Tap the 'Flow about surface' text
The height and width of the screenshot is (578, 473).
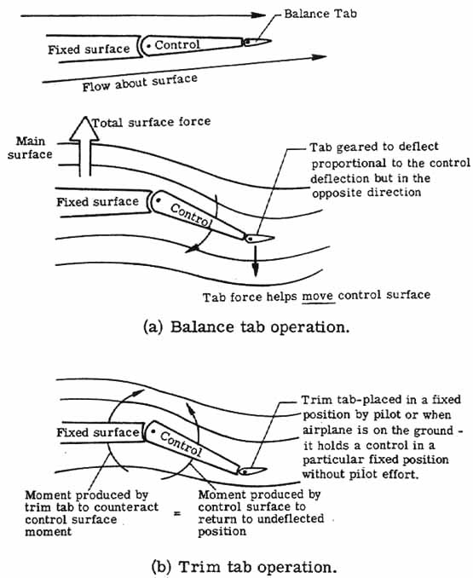pos(140,81)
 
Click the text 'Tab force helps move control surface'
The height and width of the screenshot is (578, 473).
pos(315,296)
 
